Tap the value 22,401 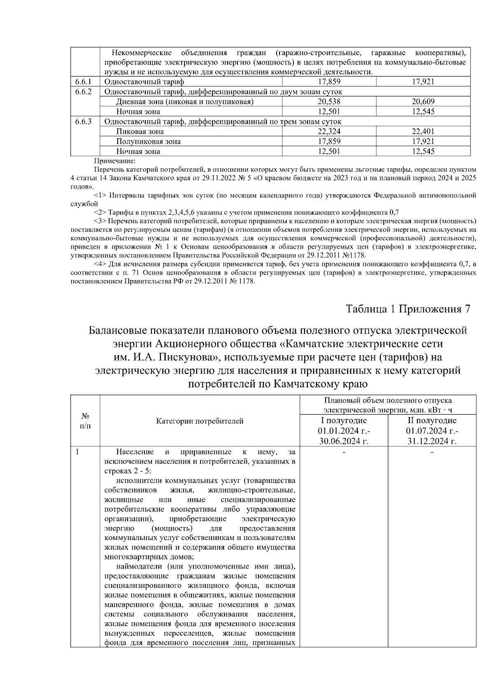click(423, 132)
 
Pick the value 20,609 click(423, 102)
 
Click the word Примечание click(115, 161)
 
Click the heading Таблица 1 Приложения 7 click(408, 309)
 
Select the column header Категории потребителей click(200, 421)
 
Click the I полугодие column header click(344, 421)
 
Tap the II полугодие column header click(432, 421)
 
